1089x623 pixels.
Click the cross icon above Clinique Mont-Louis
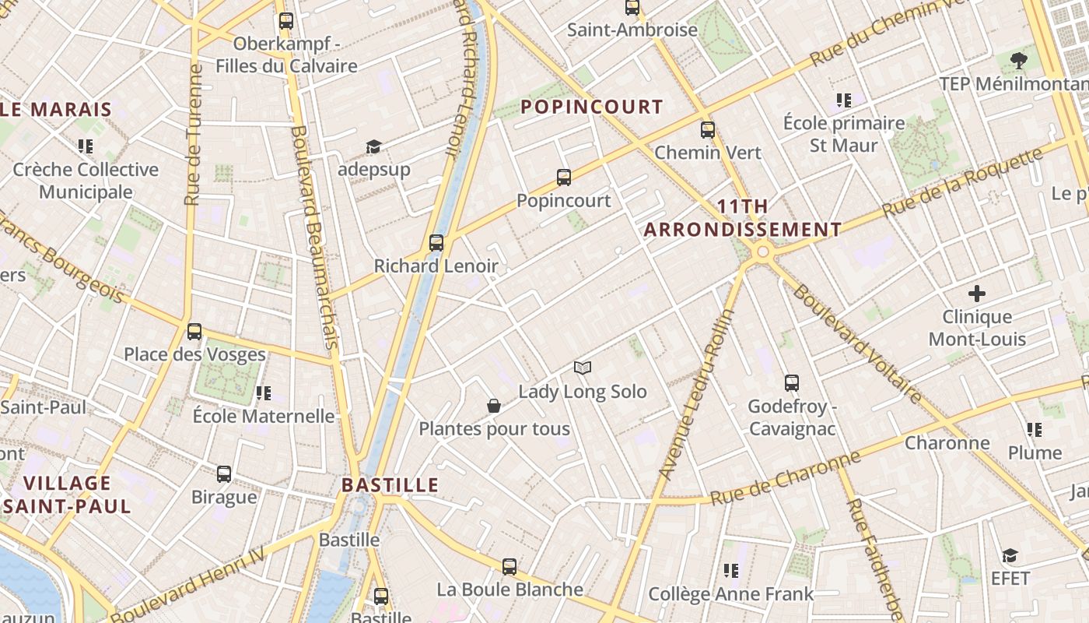pyautogui.click(x=977, y=294)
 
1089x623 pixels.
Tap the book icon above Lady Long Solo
pyautogui.click(x=583, y=368)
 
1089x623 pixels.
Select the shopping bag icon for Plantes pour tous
pyautogui.click(x=494, y=406)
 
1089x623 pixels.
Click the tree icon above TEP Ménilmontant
pyautogui.click(x=1018, y=60)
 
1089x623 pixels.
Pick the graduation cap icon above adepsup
pyautogui.click(x=373, y=146)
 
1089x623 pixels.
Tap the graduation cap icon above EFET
pyautogui.click(x=1010, y=555)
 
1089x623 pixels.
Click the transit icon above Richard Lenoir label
pyautogui.click(x=436, y=243)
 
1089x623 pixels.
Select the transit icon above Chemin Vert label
pyautogui.click(x=707, y=129)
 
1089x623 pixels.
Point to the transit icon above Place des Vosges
pyautogui.click(x=194, y=332)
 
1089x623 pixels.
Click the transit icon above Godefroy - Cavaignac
pyautogui.click(x=791, y=383)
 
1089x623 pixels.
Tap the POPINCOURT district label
pyautogui.click(x=592, y=107)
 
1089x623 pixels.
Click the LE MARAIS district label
pyautogui.click(x=56, y=109)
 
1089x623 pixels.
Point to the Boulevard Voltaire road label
pyautogui.click(x=856, y=343)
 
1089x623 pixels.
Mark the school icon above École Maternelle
pyautogui.click(x=264, y=393)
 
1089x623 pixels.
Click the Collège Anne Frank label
pyautogui.click(x=730, y=593)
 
